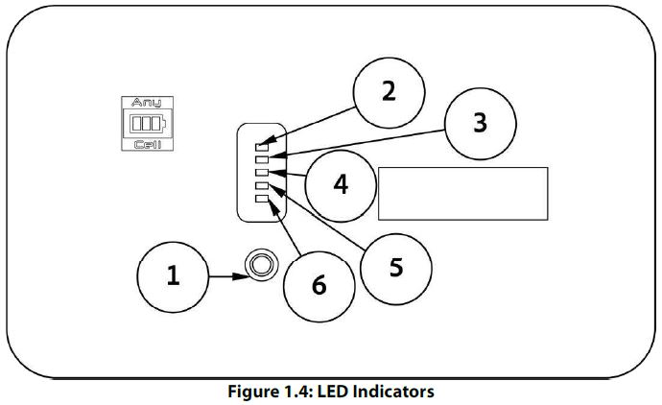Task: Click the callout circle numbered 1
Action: pyautogui.click(x=174, y=275)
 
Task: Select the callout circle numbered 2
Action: pyautogui.click(x=388, y=91)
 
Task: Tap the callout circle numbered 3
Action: pyautogui.click(x=480, y=123)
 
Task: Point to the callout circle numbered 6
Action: pyautogui.click(x=319, y=285)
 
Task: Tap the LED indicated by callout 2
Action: pyautogui.click(x=262, y=148)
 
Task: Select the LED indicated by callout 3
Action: pyautogui.click(x=262, y=160)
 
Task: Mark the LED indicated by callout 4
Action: pyautogui.click(x=262, y=173)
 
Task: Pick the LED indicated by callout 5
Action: pyautogui.click(x=262, y=185)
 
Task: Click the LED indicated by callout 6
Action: pyautogui.click(x=262, y=198)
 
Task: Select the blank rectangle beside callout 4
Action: pyautogui.click(x=463, y=193)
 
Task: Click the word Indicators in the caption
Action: pyautogui.click(x=396, y=392)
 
